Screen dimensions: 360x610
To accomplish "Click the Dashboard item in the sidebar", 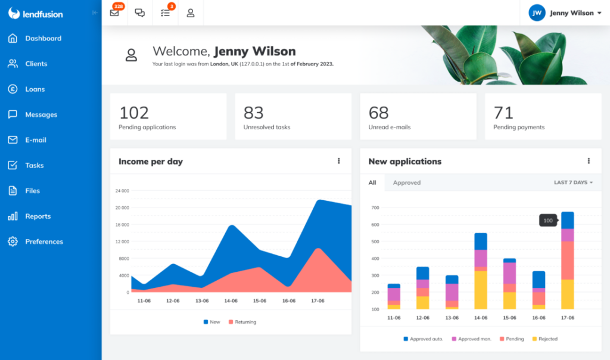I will pyautogui.click(x=43, y=39).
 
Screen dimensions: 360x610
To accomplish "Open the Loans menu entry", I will pyautogui.click(x=35, y=89).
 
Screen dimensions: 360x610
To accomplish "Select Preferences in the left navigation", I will pyautogui.click(x=43, y=242).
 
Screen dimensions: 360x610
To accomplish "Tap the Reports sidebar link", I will pyautogui.click(x=38, y=216).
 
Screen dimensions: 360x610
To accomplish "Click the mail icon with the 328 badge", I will pyautogui.click(x=114, y=13).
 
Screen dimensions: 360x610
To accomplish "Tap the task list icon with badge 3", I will pyautogui.click(x=166, y=13).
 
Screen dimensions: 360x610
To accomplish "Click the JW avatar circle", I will pyautogui.click(x=537, y=13).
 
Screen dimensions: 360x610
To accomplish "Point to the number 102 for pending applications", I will pyautogui.click(x=134, y=113).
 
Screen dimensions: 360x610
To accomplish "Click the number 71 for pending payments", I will pyautogui.click(x=503, y=113).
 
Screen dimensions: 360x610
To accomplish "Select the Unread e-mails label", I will pyautogui.click(x=389, y=127).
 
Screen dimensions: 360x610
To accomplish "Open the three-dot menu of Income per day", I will pyautogui.click(x=339, y=161).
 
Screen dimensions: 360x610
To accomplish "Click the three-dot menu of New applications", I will pyautogui.click(x=589, y=161).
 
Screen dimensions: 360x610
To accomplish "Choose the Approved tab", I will pyautogui.click(x=407, y=183).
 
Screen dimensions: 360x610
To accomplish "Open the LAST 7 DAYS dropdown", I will pyautogui.click(x=573, y=182).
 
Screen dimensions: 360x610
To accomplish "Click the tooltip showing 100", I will pyautogui.click(x=548, y=221).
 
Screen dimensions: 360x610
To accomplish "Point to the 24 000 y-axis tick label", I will pyautogui.click(x=122, y=191).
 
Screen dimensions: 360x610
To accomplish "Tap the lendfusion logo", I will pyautogui.click(x=36, y=13).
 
